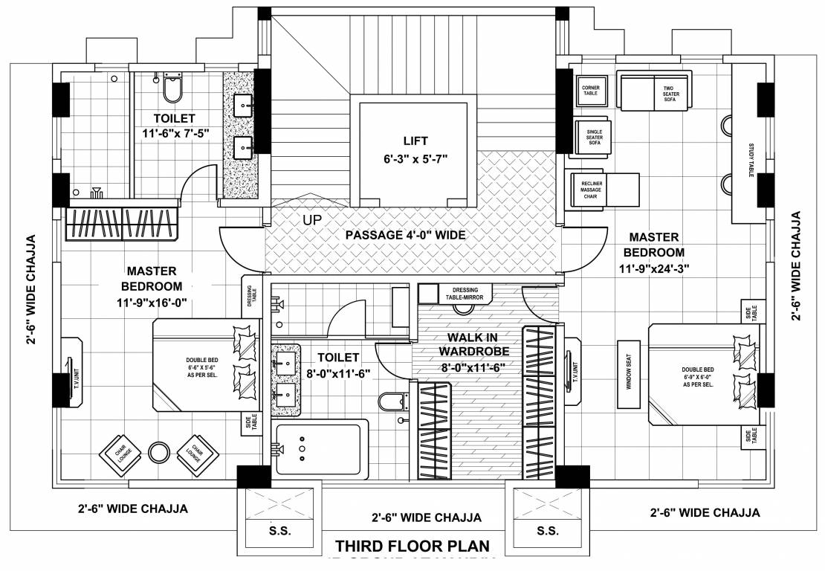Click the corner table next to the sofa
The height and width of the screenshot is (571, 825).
point(590,91)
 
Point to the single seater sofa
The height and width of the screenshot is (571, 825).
point(593,137)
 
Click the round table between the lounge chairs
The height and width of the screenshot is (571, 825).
point(159,452)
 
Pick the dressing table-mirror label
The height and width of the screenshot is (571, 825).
point(465,293)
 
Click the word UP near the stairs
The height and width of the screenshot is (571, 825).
point(312,220)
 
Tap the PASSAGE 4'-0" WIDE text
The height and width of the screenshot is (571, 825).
point(405,235)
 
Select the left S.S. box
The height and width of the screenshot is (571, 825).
point(280,530)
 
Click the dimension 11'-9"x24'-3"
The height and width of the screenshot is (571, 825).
point(653,269)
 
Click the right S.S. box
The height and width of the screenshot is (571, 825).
point(547,530)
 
